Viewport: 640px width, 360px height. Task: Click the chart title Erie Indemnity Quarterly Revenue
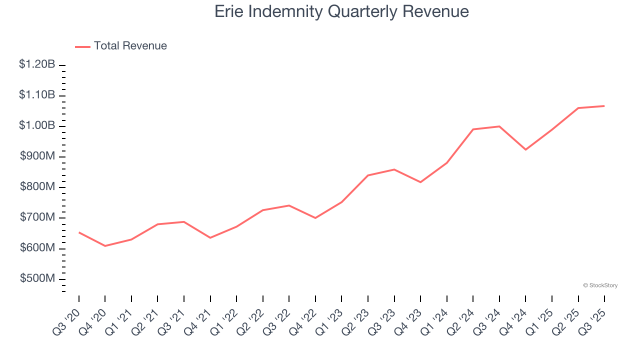coord(341,11)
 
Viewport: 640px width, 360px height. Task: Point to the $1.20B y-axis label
coord(37,64)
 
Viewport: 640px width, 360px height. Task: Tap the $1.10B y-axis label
coord(37,95)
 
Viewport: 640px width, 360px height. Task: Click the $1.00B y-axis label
coord(37,125)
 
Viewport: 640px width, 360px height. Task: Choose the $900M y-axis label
coord(37,156)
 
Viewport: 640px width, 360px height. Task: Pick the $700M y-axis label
coord(37,217)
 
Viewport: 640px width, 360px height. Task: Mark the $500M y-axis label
coord(37,278)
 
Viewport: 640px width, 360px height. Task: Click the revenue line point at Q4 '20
coord(105,246)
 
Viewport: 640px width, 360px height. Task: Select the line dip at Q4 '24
coord(525,149)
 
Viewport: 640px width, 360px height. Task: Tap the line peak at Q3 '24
coord(499,126)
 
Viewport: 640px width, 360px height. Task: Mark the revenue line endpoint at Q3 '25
coord(604,106)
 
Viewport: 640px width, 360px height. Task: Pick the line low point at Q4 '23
coord(420,182)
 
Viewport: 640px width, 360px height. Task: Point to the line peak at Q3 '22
coord(289,205)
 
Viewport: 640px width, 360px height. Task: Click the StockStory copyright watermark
coord(600,285)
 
